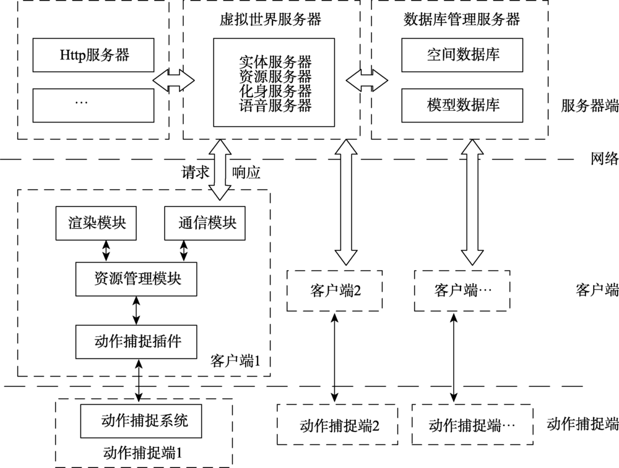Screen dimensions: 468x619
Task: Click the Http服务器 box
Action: pyautogui.click(x=93, y=54)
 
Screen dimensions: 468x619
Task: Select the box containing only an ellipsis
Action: pyautogui.click(x=93, y=104)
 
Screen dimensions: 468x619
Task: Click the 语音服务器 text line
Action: pyautogui.click(x=275, y=106)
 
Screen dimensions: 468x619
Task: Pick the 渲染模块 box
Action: pyautogui.click(x=97, y=223)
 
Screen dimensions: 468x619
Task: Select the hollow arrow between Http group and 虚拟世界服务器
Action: pyautogui.click(x=174, y=79)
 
